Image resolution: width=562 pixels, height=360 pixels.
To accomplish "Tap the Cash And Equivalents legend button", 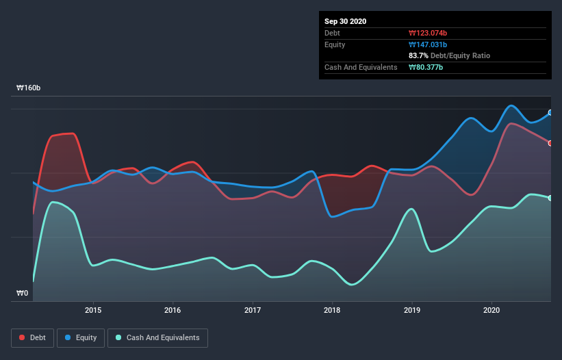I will [157, 337].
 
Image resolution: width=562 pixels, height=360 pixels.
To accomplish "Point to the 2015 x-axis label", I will [93, 309].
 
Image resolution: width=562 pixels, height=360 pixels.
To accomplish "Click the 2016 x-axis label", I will [173, 309].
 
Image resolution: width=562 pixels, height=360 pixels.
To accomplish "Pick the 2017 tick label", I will [253, 309].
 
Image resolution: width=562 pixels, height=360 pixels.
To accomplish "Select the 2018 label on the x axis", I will [332, 309].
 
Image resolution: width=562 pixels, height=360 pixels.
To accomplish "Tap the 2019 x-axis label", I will [412, 309].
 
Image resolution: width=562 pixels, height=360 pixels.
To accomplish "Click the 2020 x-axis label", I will [491, 309].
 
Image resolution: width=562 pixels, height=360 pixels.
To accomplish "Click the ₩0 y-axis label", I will [22, 294].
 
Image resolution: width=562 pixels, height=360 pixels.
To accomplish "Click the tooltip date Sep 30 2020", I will [345, 21].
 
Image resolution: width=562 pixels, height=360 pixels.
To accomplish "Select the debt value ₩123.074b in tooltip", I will [428, 33].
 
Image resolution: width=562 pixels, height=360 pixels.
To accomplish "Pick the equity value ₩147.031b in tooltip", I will [428, 44].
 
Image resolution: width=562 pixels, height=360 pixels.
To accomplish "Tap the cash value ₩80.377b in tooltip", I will [426, 67].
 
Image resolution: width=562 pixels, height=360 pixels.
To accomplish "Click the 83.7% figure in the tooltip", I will [419, 55].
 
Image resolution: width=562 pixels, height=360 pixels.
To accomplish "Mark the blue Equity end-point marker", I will [550, 113].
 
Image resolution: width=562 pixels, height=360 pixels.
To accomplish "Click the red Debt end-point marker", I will [550, 143].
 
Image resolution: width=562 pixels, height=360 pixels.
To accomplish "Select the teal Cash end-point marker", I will [550, 198].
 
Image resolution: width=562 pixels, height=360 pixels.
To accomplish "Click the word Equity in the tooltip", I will [335, 44].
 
